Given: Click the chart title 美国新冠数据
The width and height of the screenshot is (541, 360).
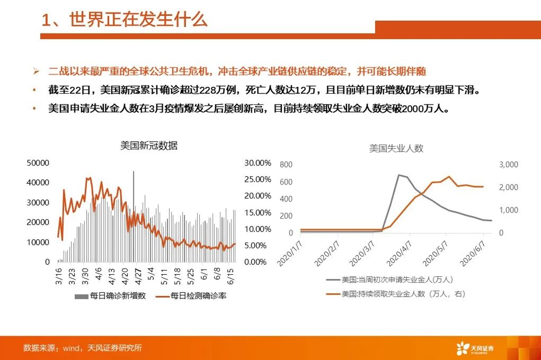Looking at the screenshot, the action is point(149,146).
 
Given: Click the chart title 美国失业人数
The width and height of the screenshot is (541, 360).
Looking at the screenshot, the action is point(396,148).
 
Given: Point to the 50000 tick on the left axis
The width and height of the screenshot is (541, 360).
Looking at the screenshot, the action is point(38,163).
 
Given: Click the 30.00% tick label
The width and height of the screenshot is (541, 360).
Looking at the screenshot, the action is point(258,163).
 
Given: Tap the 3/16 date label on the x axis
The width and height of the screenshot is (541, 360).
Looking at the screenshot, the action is point(59,276).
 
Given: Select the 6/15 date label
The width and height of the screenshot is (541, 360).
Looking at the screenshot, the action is point(231,276).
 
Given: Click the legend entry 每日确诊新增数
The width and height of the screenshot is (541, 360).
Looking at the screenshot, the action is point(110,296).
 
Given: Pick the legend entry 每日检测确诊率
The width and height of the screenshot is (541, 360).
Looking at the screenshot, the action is point(191,296).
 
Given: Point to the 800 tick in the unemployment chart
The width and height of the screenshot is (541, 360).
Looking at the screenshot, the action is point(286,165).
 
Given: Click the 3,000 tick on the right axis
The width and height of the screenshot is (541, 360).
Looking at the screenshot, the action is point(509,165).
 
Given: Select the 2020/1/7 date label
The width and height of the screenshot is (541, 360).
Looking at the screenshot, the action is point(289,254).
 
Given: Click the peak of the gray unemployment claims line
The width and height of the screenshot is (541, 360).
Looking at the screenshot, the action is point(399,175).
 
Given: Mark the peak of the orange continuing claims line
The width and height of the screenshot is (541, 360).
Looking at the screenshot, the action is point(449,176).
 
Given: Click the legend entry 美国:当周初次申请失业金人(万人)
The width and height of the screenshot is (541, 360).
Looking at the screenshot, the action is point(389,280).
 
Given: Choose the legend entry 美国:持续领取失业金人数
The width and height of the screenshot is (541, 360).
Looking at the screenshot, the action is point(396,294).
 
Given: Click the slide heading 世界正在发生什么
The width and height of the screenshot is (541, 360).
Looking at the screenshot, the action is point(138,19).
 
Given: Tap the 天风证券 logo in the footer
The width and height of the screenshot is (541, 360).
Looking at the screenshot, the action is point(475,348).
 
